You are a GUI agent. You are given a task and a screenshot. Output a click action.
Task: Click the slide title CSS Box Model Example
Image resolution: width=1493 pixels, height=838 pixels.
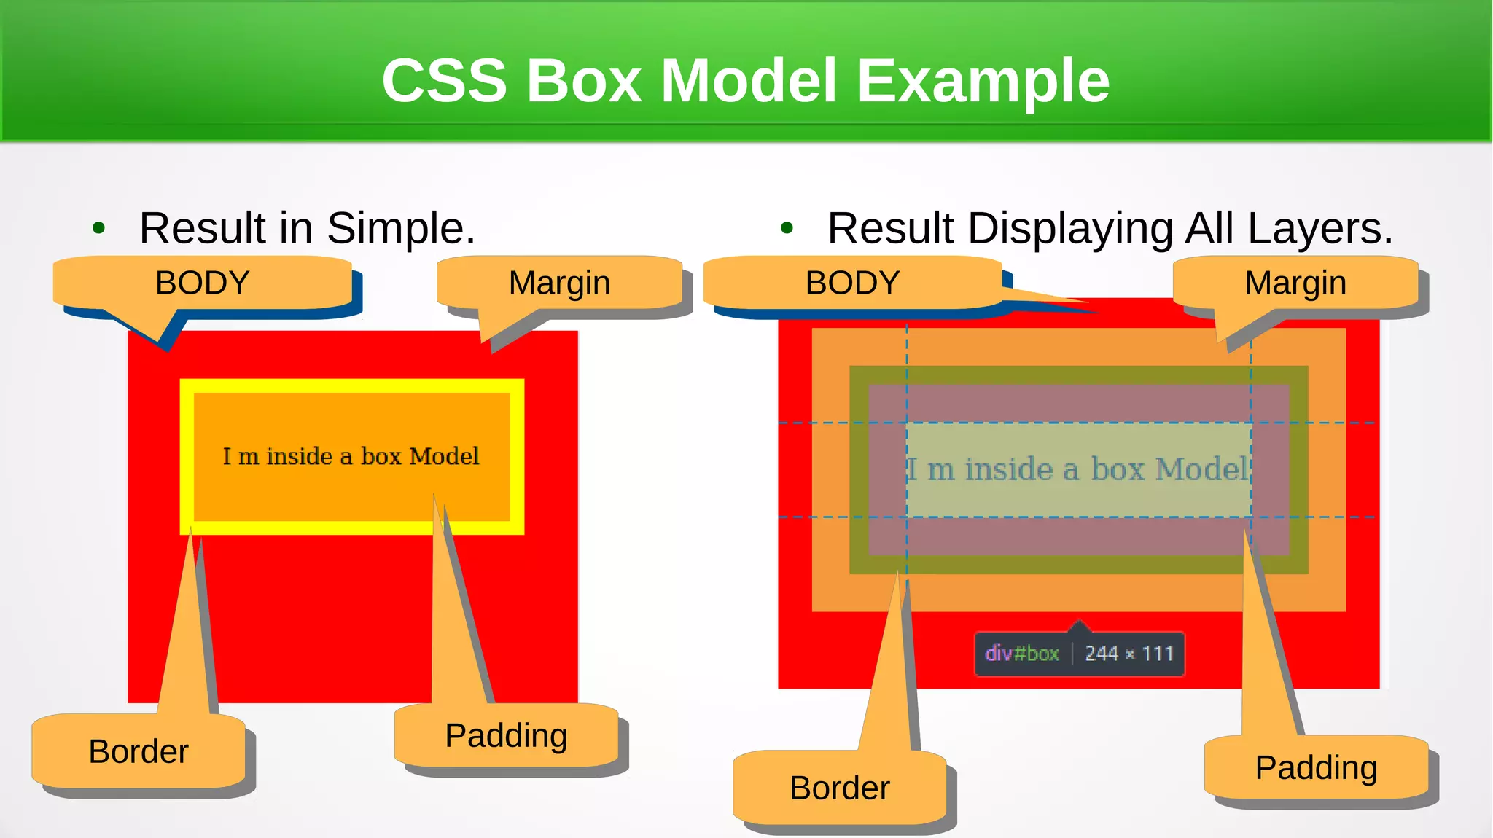pyautogui.click(x=745, y=80)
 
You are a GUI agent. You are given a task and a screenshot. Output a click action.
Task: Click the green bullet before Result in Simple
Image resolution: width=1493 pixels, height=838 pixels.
pyautogui.click(x=99, y=228)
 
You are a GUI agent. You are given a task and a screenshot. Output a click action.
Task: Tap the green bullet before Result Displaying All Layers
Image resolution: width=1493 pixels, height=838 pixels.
pyautogui.click(x=787, y=228)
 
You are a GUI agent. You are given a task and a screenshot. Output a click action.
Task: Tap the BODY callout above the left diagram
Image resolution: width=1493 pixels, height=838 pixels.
pyautogui.click(x=202, y=283)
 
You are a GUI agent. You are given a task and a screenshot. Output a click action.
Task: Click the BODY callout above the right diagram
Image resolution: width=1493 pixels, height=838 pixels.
pyautogui.click(x=852, y=283)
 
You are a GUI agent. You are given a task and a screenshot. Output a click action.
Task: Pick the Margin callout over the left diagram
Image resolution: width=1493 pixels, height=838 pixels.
pyautogui.click(x=559, y=283)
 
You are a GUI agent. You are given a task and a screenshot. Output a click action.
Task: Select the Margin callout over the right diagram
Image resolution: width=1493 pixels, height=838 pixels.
pyautogui.click(x=1295, y=283)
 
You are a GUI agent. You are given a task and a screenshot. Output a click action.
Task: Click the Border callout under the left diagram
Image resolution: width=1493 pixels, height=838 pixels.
pyautogui.click(x=139, y=751)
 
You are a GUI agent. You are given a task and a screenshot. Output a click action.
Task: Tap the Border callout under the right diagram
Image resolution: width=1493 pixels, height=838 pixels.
pyautogui.click(x=840, y=788)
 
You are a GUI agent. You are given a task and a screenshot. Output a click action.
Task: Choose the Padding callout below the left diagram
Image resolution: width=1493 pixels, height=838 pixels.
pyautogui.click(x=506, y=735)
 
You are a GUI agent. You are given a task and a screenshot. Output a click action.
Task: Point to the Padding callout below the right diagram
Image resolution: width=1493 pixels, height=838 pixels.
pyautogui.click(x=1316, y=767)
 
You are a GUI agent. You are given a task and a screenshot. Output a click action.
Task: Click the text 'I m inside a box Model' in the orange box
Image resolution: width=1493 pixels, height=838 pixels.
pyautogui.click(x=351, y=456)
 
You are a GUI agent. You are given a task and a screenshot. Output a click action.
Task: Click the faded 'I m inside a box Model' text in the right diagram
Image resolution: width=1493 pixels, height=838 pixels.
pyautogui.click(x=1077, y=469)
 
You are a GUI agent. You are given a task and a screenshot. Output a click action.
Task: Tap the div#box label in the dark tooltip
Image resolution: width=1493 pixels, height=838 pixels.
pyautogui.click(x=1021, y=654)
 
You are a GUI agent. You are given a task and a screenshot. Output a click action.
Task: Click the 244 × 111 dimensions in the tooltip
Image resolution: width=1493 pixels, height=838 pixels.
pyautogui.click(x=1128, y=654)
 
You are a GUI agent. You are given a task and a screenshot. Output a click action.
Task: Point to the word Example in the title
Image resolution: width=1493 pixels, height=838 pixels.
pyautogui.click(x=983, y=80)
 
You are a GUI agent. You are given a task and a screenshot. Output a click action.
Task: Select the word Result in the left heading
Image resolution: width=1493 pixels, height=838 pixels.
pyautogui.click(x=203, y=228)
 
